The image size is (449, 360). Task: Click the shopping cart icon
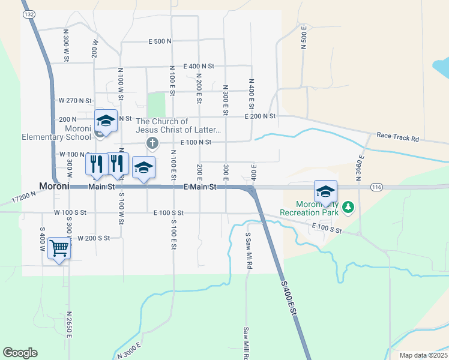click(59, 247)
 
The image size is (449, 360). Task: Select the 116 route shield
click(376, 187)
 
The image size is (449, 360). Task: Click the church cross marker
click(152, 143)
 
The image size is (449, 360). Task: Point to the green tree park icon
click(348, 208)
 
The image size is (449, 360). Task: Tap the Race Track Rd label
click(397, 138)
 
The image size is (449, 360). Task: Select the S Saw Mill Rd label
click(247, 250)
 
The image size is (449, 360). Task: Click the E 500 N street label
click(160, 41)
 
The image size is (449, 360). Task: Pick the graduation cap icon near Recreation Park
click(325, 191)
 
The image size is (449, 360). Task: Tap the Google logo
click(20, 352)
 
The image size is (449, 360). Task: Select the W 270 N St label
click(74, 101)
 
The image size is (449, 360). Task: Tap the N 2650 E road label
click(69, 325)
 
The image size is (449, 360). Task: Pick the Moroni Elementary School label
click(56, 133)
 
